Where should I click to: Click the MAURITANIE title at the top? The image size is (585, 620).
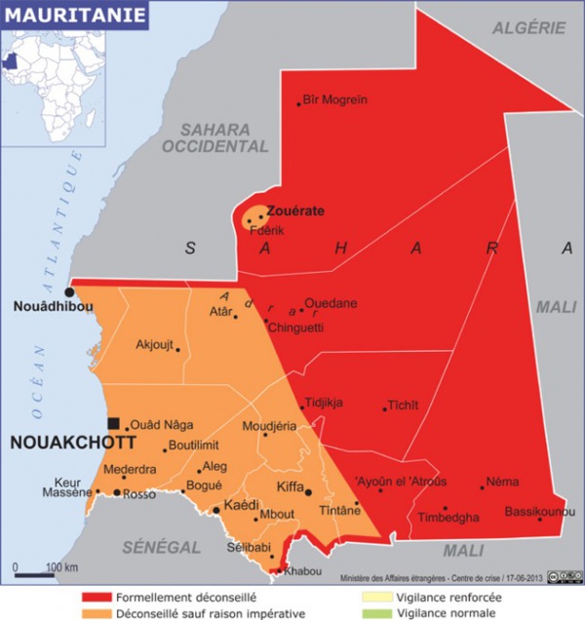tap(74, 15)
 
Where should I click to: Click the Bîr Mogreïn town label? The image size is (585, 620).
tap(334, 99)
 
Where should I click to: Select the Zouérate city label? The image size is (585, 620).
tap(295, 210)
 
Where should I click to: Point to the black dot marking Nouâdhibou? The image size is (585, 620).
tap(69, 291)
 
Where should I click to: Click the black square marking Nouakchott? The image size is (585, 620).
tap(114, 423)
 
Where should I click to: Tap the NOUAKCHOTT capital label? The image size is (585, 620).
tap(58, 443)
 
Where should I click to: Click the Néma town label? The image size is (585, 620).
tap(502, 482)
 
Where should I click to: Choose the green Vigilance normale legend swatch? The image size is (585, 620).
tap(375, 613)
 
